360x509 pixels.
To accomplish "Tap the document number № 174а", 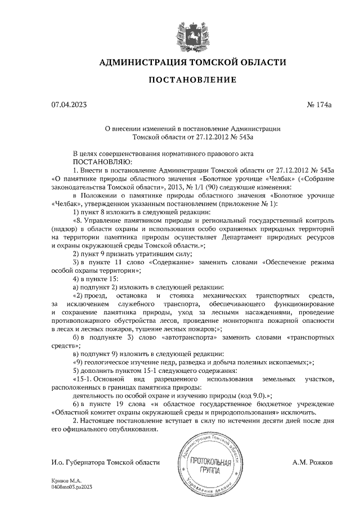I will [x=321, y=104].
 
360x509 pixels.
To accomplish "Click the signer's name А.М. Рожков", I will [x=313, y=462].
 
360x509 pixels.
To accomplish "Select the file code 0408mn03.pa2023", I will [x=71, y=488].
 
